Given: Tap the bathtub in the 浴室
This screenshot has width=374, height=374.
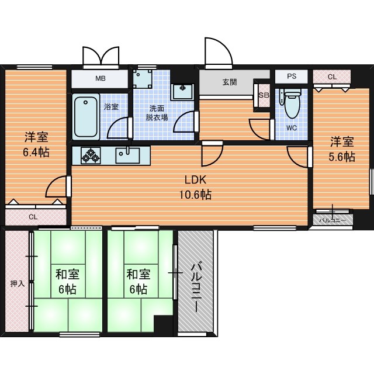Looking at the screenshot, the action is (x=86, y=117).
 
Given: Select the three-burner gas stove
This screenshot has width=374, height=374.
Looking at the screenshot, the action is (x=91, y=155).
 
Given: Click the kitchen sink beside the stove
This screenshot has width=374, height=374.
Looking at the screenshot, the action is (x=127, y=155).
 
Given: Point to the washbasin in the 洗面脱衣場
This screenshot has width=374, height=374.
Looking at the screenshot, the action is (x=183, y=92).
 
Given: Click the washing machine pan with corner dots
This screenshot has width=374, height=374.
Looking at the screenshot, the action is (x=143, y=79).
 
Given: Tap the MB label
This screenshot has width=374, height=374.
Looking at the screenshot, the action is (x=101, y=78).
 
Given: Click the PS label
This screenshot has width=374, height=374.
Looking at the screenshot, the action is (x=292, y=76).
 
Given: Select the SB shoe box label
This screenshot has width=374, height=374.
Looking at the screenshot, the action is (x=264, y=95).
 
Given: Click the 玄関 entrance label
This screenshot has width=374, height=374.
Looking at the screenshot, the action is (x=230, y=82).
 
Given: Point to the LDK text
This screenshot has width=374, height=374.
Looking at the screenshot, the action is (x=195, y=180).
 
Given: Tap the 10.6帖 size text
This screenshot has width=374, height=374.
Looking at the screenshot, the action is (x=195, y=195).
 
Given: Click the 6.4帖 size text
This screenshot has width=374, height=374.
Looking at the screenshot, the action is (x=36, y=152).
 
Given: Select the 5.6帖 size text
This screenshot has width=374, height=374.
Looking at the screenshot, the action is (x=342, y=157).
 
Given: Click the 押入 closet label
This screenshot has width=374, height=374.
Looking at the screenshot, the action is (x=18, y=283).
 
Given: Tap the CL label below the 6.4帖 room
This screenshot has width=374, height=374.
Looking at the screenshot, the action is (x=33, y=217).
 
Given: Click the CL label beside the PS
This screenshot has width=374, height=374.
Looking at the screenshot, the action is (x=332, y=77).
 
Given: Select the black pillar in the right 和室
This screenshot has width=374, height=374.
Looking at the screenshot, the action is (x=163, y=323).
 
